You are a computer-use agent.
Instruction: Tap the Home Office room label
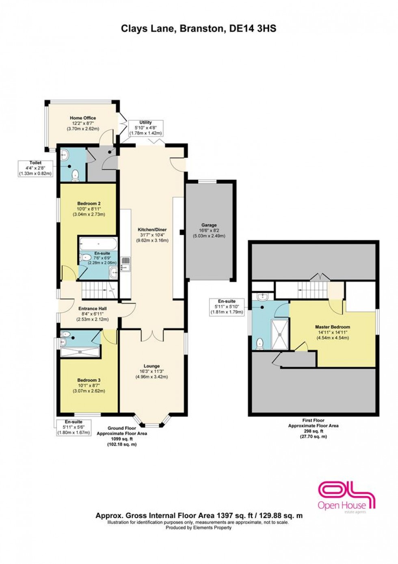[83, 123]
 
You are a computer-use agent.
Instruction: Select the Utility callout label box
[145, 128]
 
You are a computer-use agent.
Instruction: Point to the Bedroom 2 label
[89, 209]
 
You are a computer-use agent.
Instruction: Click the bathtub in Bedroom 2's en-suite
[98, 244]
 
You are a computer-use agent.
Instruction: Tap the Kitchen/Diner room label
[152, 235]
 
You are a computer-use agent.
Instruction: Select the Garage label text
[209, 230]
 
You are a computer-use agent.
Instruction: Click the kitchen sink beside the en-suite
[125, 264]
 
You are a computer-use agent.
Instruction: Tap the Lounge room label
[151, 371]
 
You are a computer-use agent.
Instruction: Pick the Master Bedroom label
[332, 332]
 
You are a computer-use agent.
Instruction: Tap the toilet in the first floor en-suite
[260, 344]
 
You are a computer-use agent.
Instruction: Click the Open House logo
[346, 496]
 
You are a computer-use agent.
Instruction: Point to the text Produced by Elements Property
[199, 528]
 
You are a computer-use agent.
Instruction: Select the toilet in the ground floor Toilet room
[75, 175]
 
